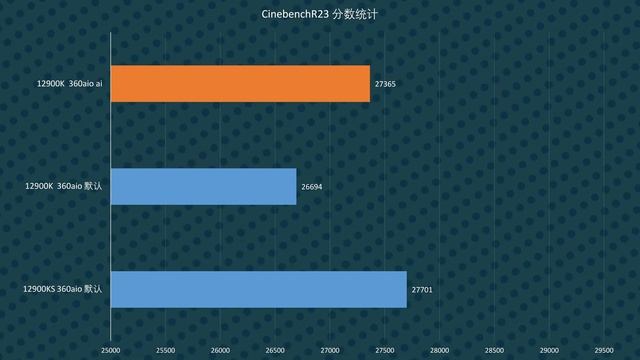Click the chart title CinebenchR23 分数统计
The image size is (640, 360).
point(319,15)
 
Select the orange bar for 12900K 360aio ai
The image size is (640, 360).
point(240,83)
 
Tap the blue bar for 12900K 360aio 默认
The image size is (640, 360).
point(203,186)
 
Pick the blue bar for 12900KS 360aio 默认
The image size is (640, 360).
point(258,289)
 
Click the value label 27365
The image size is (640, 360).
point(385,84)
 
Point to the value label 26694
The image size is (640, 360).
point(312,187)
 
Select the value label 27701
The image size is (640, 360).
point(422,290)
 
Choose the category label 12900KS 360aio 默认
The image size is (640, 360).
point(63,290)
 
